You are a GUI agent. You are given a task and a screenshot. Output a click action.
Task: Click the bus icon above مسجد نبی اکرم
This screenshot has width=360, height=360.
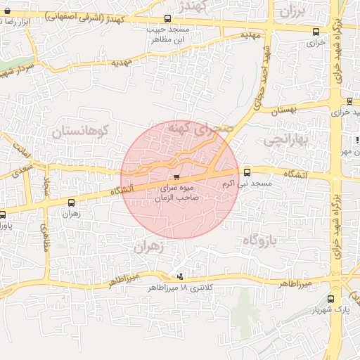(x=247, y=172)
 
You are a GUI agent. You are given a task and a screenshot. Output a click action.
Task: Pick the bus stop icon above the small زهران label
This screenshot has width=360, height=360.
(x=70, y=202)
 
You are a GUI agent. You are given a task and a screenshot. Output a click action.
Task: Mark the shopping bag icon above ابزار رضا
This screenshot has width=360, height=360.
(x=7, y=11)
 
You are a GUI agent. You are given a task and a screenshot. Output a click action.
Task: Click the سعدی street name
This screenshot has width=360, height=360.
(x=23, y=169)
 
